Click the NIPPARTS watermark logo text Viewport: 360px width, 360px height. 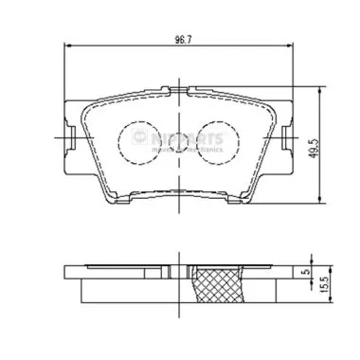187,137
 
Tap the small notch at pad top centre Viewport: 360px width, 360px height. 180,91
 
